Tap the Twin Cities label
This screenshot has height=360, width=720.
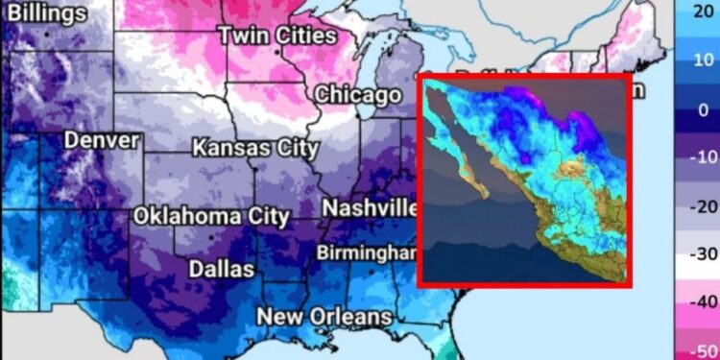[x=278, y=36]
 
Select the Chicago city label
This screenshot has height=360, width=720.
[x=358, y=95]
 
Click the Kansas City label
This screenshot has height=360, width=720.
[x=255, y=148]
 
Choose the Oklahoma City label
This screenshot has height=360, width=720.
[x=210, y=216]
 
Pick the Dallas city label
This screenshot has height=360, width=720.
[x=222, y=268]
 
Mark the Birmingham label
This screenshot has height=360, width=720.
[x=369, y=252]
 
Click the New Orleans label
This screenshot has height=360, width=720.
[x=324, y=316]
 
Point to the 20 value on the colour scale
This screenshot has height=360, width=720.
[x=703, y=12]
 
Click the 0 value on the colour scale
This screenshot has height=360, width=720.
[x=703, y=109]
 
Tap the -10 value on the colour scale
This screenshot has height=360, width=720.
[x=701, y=157]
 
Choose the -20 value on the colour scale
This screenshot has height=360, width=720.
[x=701, y=206]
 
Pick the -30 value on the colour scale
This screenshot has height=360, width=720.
[x=701, y=254]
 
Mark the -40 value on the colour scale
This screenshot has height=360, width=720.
[x=701, y=301]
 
